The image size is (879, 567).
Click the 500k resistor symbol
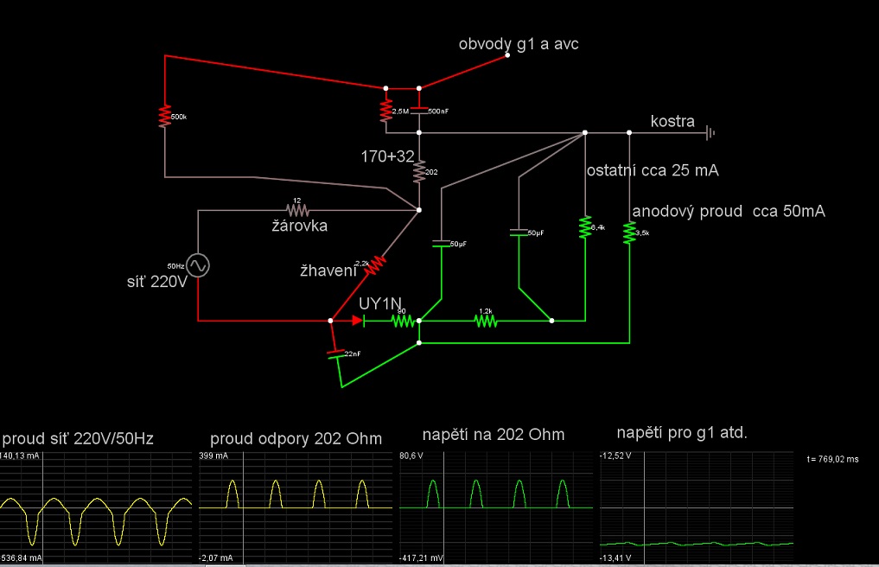tap(164, 116)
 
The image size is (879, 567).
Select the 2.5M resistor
tap(385, 111)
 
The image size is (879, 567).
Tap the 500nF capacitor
tap(419, 111)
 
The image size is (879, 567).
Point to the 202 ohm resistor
tap(419, 172)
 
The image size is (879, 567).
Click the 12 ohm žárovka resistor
tap(298, 209)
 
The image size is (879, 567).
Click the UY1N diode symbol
tap(358, 321)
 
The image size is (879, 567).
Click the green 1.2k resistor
tap(485, 321)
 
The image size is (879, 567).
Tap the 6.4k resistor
tap(584, 226)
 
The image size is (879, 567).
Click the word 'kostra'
tap(672, 122)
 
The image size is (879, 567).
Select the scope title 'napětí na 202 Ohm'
tap(493, 434)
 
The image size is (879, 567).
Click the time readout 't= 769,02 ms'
tap(831, 460)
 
